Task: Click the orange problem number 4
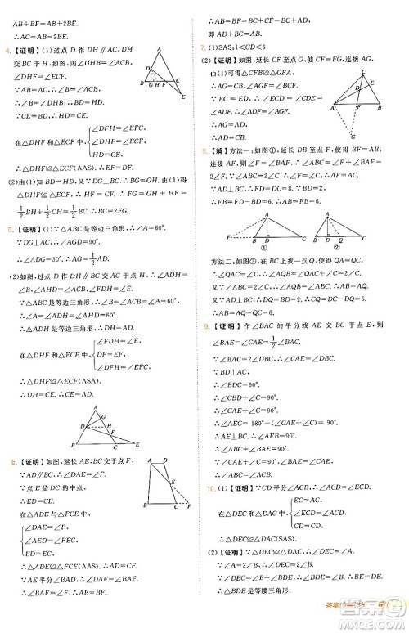(x=7, y=52)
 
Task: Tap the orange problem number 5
(x=7, y=252)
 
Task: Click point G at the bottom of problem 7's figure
(x=356, y=137)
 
